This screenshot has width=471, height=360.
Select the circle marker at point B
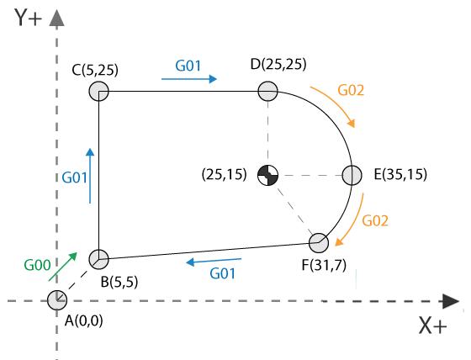point(99,259)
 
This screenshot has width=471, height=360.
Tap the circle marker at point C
point(99,91)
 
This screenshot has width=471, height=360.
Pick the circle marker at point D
point(267,91)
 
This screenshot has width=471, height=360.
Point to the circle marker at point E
point(352,175)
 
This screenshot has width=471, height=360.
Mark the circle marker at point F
point(319,243)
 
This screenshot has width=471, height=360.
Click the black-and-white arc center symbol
point(268,175)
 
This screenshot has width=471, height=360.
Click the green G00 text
point(37,265)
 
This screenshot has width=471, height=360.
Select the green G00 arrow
point(63,267)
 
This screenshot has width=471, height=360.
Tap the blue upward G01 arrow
point(90,176)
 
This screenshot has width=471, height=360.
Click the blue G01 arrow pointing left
point(214,261)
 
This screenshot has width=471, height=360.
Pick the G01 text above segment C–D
point(188,66)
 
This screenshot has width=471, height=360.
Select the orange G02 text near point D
point(351,90)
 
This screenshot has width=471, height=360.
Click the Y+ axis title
point(28,18)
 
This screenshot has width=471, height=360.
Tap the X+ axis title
point(433,326)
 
